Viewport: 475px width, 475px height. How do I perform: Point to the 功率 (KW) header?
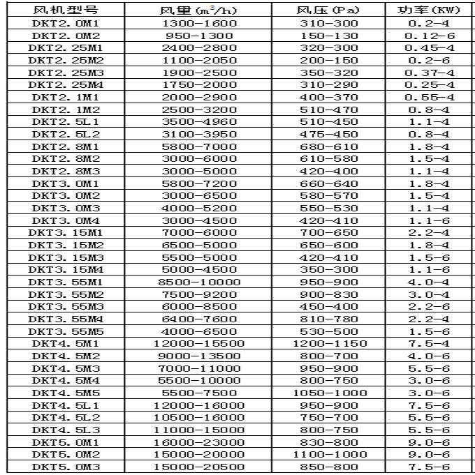point(430,10)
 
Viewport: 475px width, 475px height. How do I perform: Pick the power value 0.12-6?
point(430,36)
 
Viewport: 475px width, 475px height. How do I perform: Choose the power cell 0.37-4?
point(430,73)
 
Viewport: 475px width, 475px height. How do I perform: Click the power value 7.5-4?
point(430,343)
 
